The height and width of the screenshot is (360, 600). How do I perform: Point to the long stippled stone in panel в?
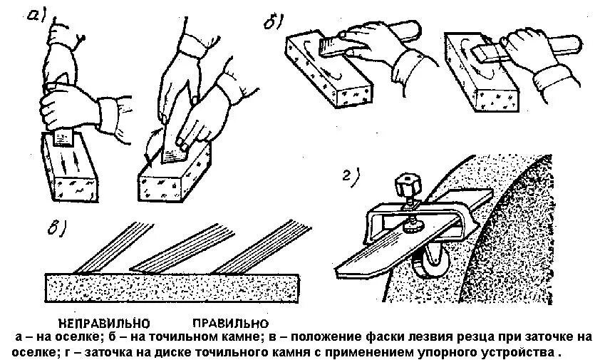[x=178, y=286]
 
